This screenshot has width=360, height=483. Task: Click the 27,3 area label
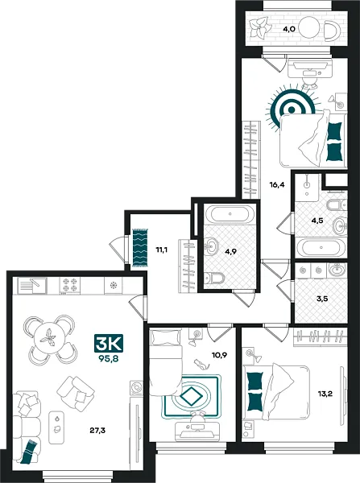tap(97, 431)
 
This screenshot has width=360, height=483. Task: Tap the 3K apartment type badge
tap(109, 343)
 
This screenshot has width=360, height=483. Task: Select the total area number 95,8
tap(109, 358)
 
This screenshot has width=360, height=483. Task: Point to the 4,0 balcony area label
tap(290, 29)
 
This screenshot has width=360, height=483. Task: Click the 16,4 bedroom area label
tap(276, 185)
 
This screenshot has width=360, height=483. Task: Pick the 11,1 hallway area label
tap(161, 250)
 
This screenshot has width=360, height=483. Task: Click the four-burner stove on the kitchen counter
tap(69, 285)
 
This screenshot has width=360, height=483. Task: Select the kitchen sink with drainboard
tap(32, 286)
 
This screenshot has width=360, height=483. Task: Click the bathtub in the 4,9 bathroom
tap(230, 214)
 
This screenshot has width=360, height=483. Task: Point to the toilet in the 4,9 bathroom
tap(214, 279)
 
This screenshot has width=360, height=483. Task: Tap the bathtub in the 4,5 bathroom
tap(321, 247)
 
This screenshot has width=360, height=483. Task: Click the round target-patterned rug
tap(291, 109)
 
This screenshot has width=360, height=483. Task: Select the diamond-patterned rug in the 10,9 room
tap(192, 396)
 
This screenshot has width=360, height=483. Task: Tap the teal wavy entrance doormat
tap(140, 248)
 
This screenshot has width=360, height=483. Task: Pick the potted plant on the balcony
tap(259, 29)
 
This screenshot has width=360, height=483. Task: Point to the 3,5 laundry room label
tap(314, 299)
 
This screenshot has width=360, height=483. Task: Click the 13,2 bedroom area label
tap(325, 393)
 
